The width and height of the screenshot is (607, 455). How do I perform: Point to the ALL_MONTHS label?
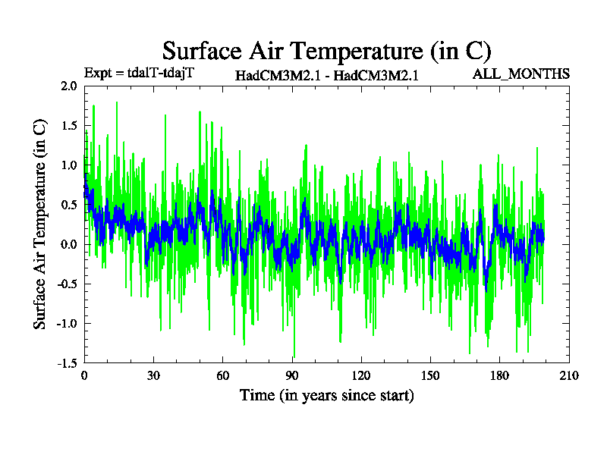[521, 74]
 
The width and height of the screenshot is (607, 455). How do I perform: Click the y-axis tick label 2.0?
[69, 86]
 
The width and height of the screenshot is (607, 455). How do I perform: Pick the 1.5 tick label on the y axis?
[69, 126]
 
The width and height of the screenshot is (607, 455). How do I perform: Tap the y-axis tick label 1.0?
[69, 165]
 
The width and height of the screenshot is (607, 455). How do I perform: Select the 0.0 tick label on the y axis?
[69, 244]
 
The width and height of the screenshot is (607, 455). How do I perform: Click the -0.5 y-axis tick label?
[67, 284]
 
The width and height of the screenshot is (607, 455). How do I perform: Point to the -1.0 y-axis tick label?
[67, 323]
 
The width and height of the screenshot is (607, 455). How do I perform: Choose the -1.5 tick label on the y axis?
[67, 362]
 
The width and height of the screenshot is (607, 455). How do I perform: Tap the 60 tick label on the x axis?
[222, 376]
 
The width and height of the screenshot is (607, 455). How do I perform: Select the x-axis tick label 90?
[292, 376]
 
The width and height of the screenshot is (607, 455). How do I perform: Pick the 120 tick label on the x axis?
[361, 376]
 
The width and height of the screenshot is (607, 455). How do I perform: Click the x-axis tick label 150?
[430, 376]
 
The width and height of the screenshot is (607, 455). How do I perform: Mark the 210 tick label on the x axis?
[569, 376]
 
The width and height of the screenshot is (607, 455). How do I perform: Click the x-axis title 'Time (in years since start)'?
[327, 395]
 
